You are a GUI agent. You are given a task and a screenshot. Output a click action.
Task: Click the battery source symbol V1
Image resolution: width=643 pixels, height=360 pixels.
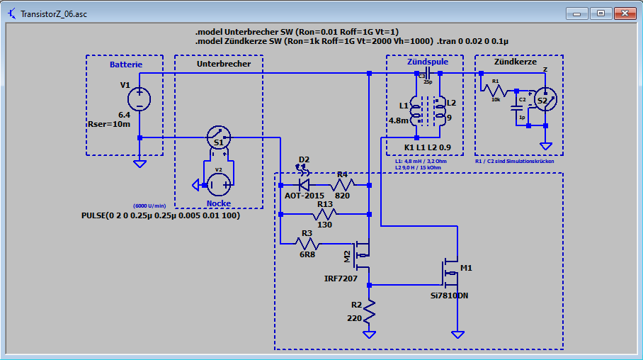click(x=140, y=98)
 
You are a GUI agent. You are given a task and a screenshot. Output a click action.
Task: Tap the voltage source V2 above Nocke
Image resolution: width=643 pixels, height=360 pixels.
click(x=218, y=184)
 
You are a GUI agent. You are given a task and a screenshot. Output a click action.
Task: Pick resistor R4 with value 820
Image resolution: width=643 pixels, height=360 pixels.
click(x=343, y=185)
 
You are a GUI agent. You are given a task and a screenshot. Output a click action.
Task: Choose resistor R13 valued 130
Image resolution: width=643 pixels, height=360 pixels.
click(x=326, y=213)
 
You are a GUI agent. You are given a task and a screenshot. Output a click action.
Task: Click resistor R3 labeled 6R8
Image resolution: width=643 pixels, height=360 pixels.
click(x=307, y=244)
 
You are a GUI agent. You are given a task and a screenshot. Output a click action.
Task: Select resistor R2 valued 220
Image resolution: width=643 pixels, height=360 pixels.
click(x=370, y=310)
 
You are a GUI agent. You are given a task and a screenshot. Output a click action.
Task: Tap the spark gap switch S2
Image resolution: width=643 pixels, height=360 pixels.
click(x=543, y=101)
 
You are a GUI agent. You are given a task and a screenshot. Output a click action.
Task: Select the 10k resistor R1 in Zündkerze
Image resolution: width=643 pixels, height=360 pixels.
click(x=496, y=91)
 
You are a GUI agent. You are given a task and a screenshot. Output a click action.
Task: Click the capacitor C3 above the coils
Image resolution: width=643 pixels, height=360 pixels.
click(x=426, y=73)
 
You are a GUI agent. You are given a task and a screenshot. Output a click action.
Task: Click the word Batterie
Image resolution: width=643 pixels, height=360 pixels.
click(x=125, y=64)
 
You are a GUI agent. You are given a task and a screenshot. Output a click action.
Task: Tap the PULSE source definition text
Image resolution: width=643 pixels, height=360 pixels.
click(x=161, y=215)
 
